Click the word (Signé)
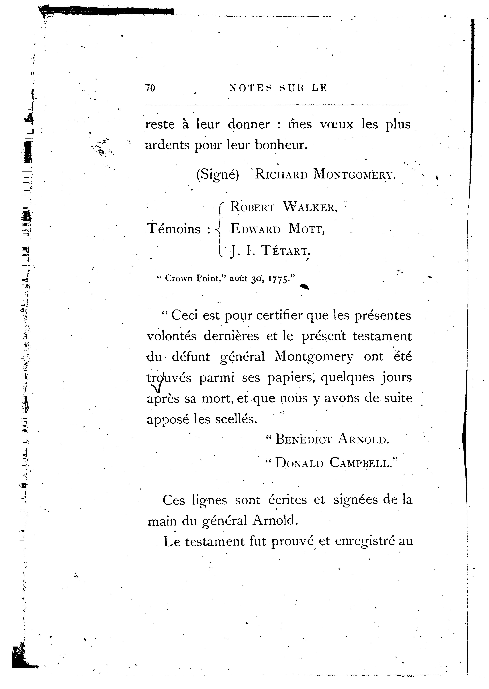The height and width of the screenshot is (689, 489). [217, 175]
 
